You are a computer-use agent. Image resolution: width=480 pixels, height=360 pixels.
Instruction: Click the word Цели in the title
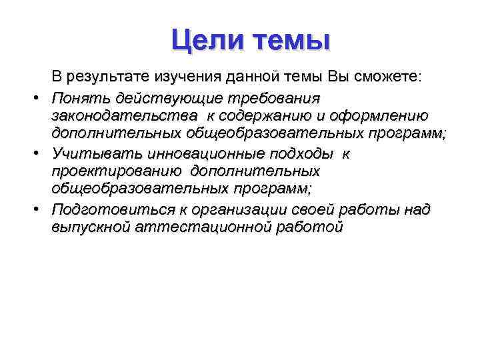click(204, 40)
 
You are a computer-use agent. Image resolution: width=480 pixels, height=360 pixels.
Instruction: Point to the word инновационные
click(197, 153)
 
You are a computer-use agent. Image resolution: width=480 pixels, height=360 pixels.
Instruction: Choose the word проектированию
click(117, 171)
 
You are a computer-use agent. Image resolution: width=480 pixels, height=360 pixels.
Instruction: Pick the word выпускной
click(91, 227)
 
